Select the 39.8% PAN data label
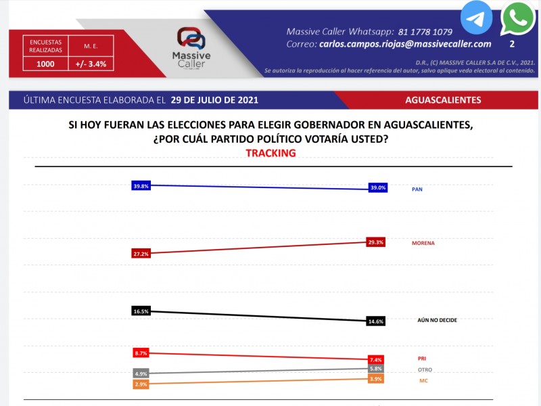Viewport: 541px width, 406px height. (141, 186)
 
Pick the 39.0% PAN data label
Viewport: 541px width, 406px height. (377, 188)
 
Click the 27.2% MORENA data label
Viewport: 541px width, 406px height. (141, 254)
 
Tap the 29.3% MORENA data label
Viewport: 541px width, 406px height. (377, 242)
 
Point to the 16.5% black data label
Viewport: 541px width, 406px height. (141, 311)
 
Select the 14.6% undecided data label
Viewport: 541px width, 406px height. (377, 321)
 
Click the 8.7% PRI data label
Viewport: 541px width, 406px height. (141, 353)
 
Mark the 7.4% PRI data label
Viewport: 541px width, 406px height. (377, 359)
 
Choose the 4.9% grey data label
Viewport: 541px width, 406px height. (141, 374)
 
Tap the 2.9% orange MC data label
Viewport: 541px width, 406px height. (141, 384)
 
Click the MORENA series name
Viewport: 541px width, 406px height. (423, 242)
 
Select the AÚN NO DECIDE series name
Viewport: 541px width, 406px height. (438, 319)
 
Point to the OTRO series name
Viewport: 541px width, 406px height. (425, 369)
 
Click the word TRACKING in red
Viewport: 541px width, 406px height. (270, 154)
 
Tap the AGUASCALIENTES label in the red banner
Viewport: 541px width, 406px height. (443, 100)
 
